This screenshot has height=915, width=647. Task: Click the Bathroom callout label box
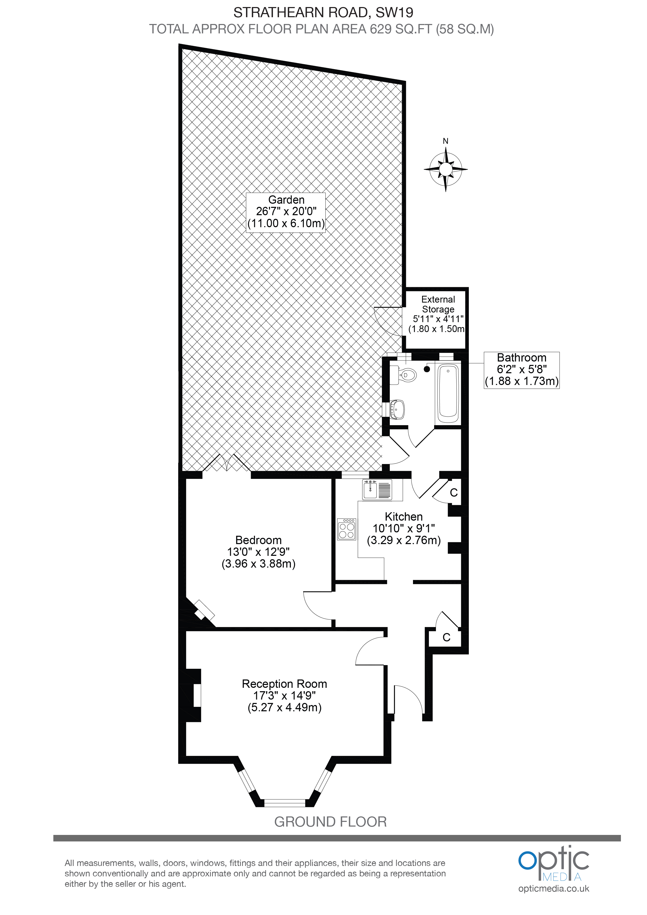click(522, 370)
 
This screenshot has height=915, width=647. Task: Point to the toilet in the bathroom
click(403, 375)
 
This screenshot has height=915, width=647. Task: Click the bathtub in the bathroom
click(448, 393)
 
